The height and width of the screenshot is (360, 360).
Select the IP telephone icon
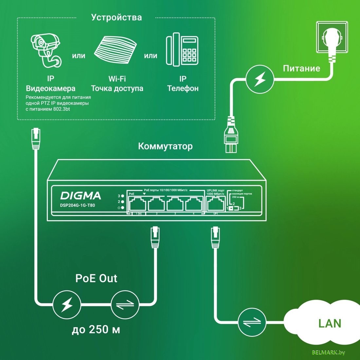pyautogui.click(x=182, y=49)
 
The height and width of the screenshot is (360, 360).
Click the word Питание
pyautogui.click(x=301, y=68)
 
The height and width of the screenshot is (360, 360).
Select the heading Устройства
pyautogui.click(x=117, y=17)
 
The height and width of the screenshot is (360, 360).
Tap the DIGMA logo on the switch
pyautogui.click(x=81, y=196)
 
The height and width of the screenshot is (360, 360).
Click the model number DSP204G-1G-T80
pyautogui.click(x=78, y=206)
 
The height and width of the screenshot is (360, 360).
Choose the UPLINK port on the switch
pyautogui.click(x=215, y=205)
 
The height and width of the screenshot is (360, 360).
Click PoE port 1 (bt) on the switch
pyautogui.click(x=137, y=205)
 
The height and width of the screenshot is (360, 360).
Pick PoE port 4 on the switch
pyautogui.click(x=194, y=205)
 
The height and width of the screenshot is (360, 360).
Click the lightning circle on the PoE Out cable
pyautogui.click(x=67, y=305)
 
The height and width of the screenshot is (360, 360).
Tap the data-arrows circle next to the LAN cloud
pyautogui.click(x=252, y=322)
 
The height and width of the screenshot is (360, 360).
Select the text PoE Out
pyautogui.click(x=96, y=278)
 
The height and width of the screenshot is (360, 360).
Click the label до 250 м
pyautogui.click(x=96, y=329)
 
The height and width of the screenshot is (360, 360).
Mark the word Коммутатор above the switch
pyautogui.click(x=165, y=146)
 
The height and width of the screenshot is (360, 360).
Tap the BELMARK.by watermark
pyautogui.click(x=329, y=352)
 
